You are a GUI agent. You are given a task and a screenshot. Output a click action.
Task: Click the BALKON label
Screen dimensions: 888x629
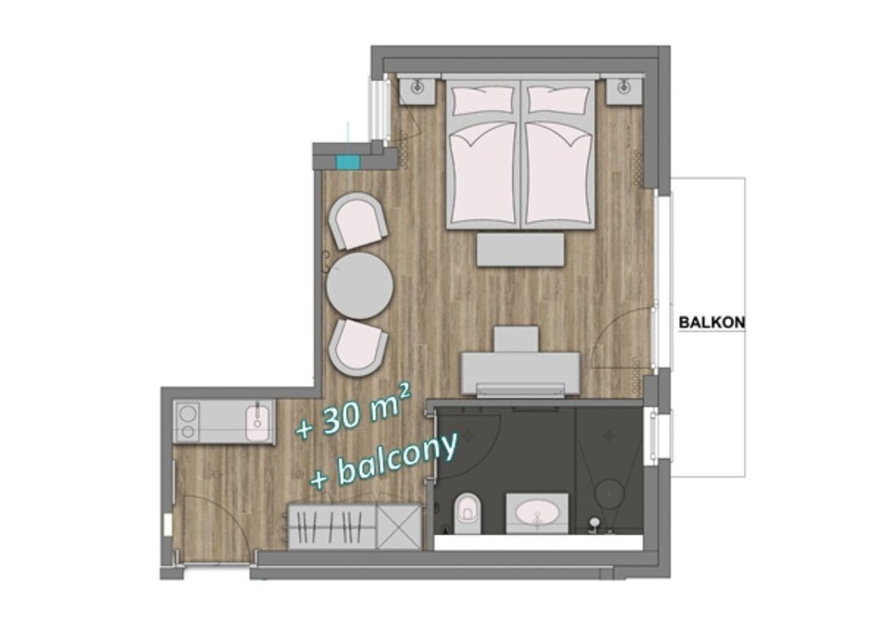click(712, 322)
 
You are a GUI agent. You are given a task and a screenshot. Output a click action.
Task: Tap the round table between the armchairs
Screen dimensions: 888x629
click(360, 285)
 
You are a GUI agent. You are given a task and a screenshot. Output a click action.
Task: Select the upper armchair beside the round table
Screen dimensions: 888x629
click(358, 221)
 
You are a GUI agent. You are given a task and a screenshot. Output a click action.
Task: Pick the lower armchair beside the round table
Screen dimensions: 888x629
click(358, 348)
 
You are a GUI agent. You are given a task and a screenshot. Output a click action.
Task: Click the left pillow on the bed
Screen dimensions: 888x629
click(484, 100)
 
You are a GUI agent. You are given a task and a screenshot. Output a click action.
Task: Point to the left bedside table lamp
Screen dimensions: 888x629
click(417, 88)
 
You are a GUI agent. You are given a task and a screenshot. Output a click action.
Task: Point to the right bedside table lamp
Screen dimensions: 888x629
click(623, 88)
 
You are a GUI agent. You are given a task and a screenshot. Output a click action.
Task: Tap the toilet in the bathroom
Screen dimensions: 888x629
click(468, 513)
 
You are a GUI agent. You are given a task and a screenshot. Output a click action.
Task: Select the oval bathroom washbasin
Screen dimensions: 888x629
click(537, 514)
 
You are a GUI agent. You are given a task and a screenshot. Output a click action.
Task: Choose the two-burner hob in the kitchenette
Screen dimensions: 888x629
click(187, 422)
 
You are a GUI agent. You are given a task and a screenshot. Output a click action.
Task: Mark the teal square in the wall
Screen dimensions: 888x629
click(348, 163)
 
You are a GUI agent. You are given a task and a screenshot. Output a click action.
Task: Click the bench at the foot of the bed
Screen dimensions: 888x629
click(520, 250)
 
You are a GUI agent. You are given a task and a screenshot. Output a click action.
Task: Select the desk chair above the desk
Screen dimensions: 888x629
click(516, 338)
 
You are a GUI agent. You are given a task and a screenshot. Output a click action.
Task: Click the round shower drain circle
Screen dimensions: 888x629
click(610, 493)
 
